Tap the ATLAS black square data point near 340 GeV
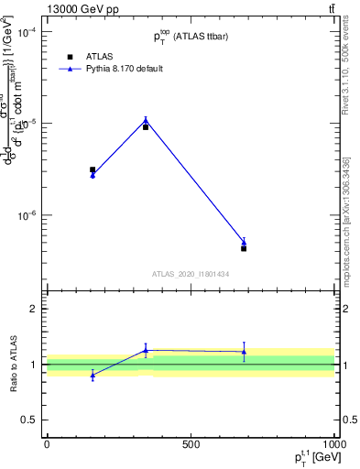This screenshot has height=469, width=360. pos(146,127)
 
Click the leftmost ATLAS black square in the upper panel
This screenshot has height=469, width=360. pos(93,169)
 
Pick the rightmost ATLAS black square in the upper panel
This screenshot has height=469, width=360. pos(244,248)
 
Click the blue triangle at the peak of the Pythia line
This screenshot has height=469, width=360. pos(146,120)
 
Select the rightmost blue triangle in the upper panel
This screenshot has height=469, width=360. pos(244,243)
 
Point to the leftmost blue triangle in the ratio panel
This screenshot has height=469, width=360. pos(93,376)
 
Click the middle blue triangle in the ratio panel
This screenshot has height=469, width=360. pos(146,350)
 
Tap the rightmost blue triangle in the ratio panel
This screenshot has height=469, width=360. pos(244,352)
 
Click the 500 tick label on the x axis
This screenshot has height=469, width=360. pos(191,444)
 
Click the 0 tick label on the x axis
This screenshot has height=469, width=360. pos(47,444)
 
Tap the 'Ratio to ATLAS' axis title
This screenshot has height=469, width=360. pos(14,364)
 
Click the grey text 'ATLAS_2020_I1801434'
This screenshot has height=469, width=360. pos(191,274)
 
